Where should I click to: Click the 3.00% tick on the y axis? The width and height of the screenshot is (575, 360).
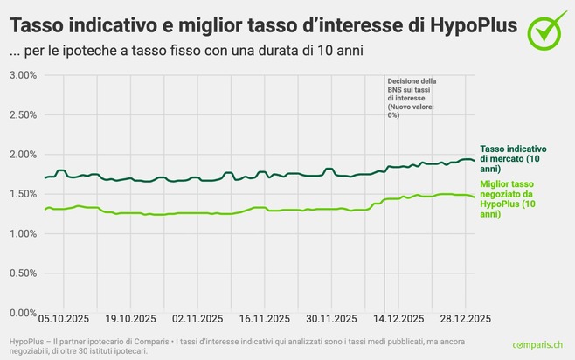click(x=22, y=75)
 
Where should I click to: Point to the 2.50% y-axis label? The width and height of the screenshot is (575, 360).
click(x=22, y=115)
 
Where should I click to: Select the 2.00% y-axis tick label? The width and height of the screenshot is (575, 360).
click(x=22, y=155)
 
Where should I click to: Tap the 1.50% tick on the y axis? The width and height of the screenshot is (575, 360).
click(x=22, y=194)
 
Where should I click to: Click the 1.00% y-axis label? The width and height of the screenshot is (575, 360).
click(x=22, y=234)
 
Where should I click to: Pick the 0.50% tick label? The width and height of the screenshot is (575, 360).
click(x=22, y=273)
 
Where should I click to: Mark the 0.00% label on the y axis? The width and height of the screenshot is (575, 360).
click(x=22, y=313)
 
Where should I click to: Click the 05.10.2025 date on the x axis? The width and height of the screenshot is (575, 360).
click(x=62, y=319)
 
